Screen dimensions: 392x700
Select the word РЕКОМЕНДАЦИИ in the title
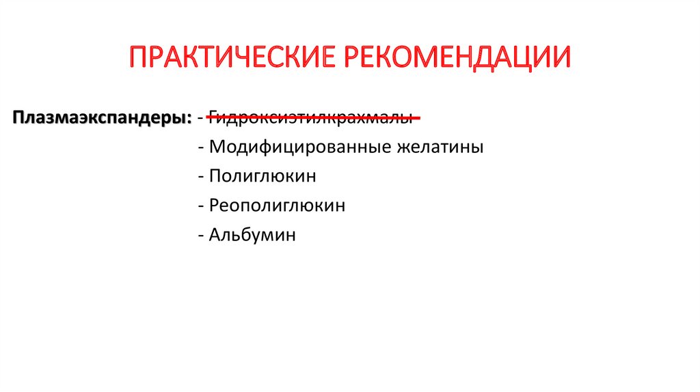click(x=457, y=58)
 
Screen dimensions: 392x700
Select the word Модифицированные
click(x=300, y=147)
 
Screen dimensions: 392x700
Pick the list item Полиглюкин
click(x=262, y=176)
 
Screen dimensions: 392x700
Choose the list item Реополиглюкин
click(x=277, y=206)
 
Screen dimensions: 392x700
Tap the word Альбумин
click(x=253, y=235)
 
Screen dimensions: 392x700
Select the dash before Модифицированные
click(x=200, y=148)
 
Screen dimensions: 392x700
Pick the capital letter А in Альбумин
click(x=216, y=235)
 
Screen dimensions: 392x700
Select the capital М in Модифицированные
click(x=217, y=147)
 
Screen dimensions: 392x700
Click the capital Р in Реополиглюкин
click(x=215, y=206)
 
